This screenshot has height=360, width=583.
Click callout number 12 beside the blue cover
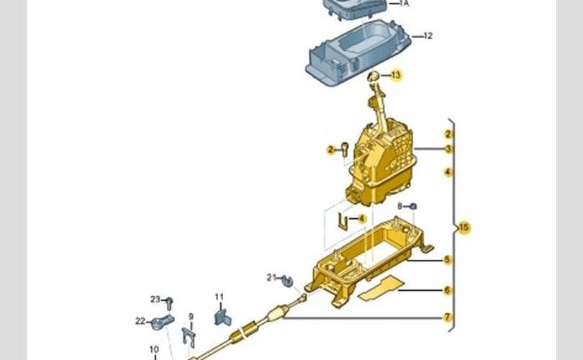coord(428,36)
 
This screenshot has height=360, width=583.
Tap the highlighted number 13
coord(397,75)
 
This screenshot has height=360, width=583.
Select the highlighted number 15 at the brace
coord(464,228)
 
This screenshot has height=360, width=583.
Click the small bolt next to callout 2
coord(345,150)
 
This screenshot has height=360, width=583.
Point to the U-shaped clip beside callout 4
coord(343,222)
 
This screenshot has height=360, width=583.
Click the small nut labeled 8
coord(412,206)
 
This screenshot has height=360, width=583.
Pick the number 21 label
coord(271,277)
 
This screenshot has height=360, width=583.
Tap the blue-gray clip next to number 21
coord(287,282)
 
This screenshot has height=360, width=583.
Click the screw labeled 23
coord(169,303)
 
